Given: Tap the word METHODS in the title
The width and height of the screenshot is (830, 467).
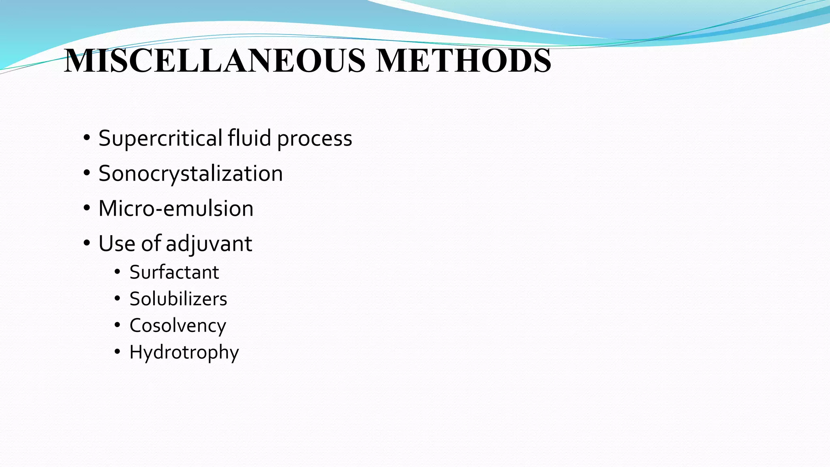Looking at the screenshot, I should click(x=463, y=60).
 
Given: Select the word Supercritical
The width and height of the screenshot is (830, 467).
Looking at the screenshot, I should click(x=160, y=138).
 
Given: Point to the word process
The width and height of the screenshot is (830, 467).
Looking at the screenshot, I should click(x=314, y=139).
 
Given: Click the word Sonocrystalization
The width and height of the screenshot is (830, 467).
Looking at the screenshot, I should click(x=190, y=174).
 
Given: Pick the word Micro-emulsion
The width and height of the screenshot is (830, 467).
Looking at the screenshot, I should click(x=176, y=208).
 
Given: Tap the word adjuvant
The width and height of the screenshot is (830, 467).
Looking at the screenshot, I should click(x=209, y=244).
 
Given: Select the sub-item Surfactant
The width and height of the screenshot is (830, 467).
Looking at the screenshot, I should click(x=174, y=272).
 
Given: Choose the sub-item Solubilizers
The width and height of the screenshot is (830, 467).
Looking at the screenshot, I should click(x=178, y=299).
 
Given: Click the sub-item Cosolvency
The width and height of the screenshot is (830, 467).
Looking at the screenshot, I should click(x=178, y=326).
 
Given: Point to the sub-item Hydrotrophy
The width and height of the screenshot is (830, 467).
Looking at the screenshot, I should click(x=184, y=352).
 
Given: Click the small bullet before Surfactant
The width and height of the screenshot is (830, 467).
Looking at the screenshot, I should click(x=117, y=272).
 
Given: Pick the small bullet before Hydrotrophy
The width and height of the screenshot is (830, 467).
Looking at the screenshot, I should click(x=117, y=352).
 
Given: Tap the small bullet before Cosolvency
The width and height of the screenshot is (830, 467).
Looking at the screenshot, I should click(x=117, y=325).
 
